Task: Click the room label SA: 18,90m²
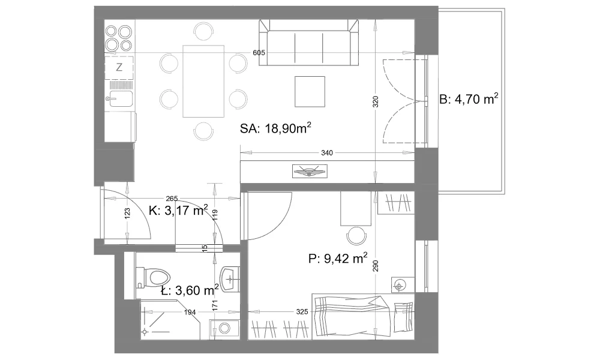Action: tap(275, 128)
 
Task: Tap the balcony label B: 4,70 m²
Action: tap(469, 99)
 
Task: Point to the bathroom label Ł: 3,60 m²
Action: tap(190, 290)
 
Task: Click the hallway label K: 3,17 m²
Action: tap(178, 210)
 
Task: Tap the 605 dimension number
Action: tap(259, 53)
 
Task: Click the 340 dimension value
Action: tap(327, 153)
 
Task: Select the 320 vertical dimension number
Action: tap(376, 101)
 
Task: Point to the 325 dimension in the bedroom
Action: tap(302, 312)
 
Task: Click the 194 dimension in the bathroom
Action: tap(190, 312)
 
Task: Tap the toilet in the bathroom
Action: tap(153, 277)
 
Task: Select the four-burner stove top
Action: tap(119, 38)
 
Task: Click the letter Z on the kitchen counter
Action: tap(119, 67)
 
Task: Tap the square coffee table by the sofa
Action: tap(310, 91)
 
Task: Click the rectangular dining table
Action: tap(203, 81)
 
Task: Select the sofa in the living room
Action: tap(309, 43)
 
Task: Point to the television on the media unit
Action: tap(310, 170)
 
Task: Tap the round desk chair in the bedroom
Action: tap(356, 236)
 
